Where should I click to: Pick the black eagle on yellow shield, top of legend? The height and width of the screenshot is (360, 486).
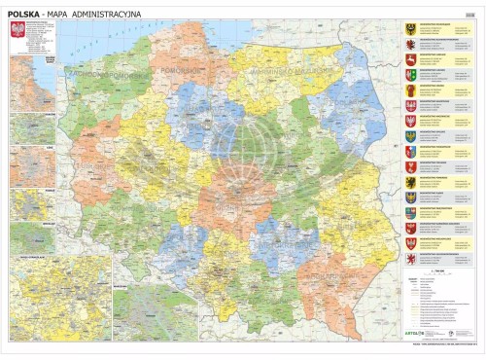(410, 30)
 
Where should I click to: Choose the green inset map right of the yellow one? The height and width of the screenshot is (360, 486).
(156, 311)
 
